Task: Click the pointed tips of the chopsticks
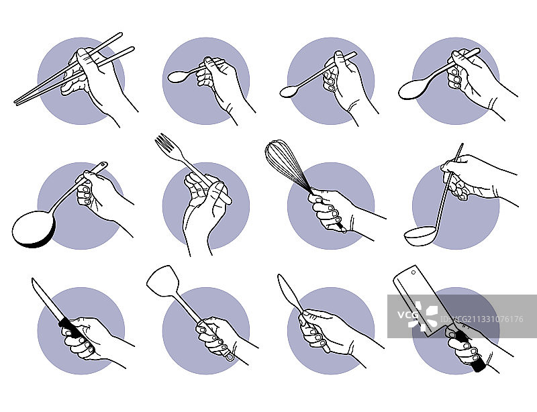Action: click(x=15, y=101)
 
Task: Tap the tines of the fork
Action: click(x=164, y=142)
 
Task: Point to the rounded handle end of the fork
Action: click(x=227, y=201)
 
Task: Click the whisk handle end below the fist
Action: click(x=342, y=229)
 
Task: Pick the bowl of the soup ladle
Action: click(x=421, y=236)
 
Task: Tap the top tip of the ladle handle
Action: click(x=462, y=144)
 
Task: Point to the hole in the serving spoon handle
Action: click(x=102, y=164)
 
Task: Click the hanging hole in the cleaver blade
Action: click(x=413, y=272)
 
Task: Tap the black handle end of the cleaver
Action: click(x=479, y=366)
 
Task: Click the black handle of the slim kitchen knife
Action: click(x=72, y=327)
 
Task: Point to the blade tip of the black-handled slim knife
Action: click(x=33, y=278)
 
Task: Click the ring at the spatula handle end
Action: click(x=230, y=356)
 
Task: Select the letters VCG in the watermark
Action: click(x=408, y=315)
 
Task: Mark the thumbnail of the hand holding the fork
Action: click(x=219, y=187)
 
